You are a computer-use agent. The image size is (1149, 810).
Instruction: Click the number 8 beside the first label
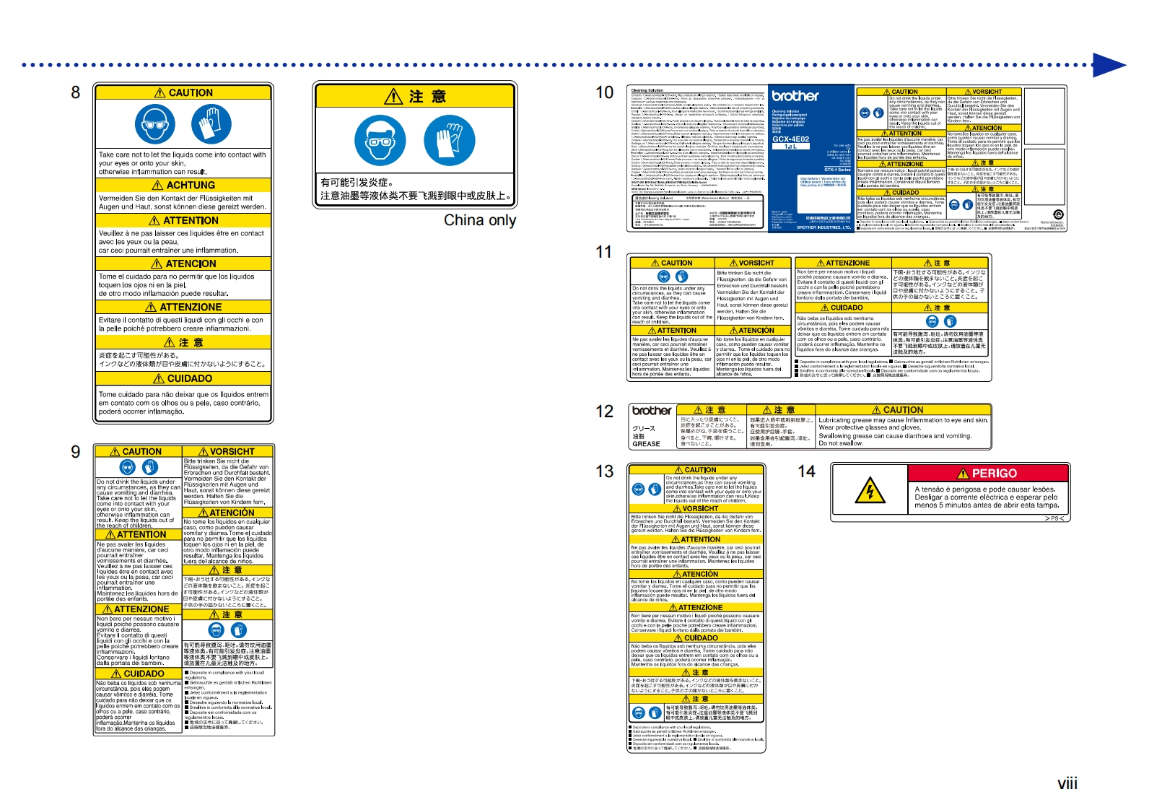click(x=75, y=92)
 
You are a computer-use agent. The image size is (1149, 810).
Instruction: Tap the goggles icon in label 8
click(x=154, y=124)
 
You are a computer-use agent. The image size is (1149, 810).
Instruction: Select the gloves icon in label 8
click(x=211, y=124)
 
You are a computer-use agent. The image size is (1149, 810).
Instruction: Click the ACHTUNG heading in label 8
click(x=183, y=186)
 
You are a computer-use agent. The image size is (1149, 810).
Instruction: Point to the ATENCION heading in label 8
click(x=183, y=264)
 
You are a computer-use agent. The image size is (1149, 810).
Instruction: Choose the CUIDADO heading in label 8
click(x=183, y=378)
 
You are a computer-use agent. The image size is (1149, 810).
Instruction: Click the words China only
click(x=479, y=220)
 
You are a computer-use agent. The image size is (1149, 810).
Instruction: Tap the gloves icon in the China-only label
click(x=449, y=140)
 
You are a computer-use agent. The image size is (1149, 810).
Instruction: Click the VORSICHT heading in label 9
click(x=227, y=451)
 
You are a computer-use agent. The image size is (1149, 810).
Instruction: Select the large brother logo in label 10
click(x=795, y=96)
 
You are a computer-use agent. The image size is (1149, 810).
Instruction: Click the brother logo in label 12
click(x=652, y=411)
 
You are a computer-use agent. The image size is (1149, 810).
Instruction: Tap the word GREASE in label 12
click(x=646, y=444)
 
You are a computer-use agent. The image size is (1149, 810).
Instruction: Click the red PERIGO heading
click(x=988, y=474)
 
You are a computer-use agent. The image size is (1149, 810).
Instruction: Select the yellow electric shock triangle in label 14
click(x=870, y=492)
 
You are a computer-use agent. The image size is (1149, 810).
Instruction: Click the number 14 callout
click(x=806, y=471)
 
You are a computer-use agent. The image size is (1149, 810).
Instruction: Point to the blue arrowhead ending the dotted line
click(x=1109, y=65)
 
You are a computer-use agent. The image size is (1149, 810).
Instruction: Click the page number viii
click(x=1067, y=783)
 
